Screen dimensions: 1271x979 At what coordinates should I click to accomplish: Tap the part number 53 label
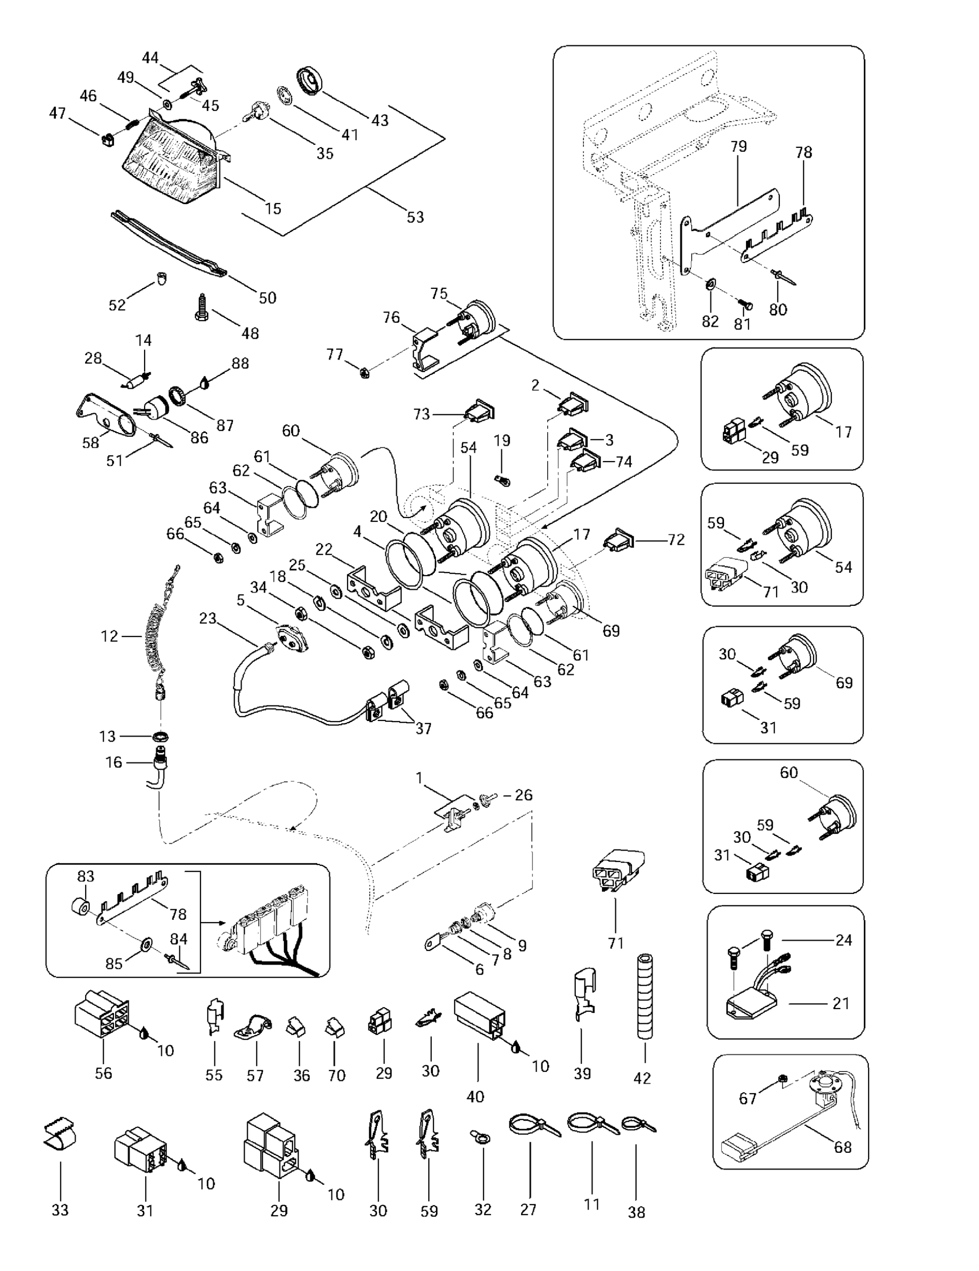pyautogui.click(x=415, y=217)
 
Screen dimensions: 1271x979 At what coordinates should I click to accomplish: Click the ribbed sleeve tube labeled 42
pyautogui.click(x=644, y=995)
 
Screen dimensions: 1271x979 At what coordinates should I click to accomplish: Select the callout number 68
pyautogui.click(x=842, y=1146)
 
